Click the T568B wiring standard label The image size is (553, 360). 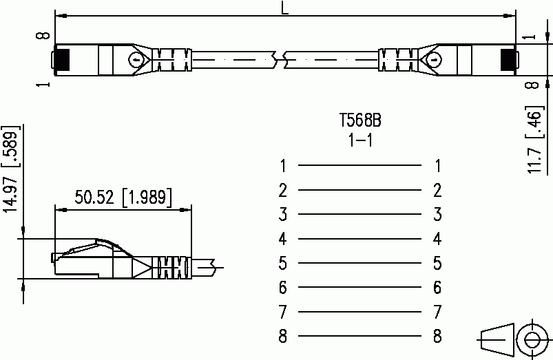(360, 120)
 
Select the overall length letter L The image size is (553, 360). (284, 8)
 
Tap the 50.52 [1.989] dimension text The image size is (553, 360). (123, 197)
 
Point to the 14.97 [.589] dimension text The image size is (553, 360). (11, 169)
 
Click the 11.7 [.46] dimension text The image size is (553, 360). (534, 139)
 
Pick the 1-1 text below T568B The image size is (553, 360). (360, 140)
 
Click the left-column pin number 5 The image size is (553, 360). (283, 263)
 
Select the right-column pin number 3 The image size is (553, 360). (437, 214)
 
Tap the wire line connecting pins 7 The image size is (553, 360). (359, 312)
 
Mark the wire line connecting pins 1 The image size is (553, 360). (359, 165)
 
